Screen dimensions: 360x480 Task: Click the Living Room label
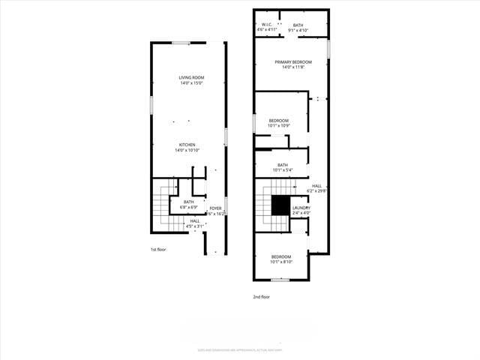(191, 78)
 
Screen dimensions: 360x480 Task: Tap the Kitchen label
(187, 145)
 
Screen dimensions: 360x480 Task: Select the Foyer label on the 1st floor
(215, 208)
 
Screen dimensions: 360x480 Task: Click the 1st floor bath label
(189, 201)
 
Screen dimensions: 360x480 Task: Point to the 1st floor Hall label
(194, 221)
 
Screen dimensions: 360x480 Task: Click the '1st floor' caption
(159, 248)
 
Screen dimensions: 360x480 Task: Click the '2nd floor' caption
(261, 296)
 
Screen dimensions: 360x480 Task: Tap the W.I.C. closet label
(267, 25)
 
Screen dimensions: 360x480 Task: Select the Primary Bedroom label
(292, 62)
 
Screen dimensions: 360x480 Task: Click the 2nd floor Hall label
(317, 186)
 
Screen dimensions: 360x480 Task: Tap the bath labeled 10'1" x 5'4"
(282, 166)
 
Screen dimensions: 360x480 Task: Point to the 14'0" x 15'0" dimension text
(191, 83)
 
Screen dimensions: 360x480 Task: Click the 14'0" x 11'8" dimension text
(292, 67)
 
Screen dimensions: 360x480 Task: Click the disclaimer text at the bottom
(239, 350)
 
